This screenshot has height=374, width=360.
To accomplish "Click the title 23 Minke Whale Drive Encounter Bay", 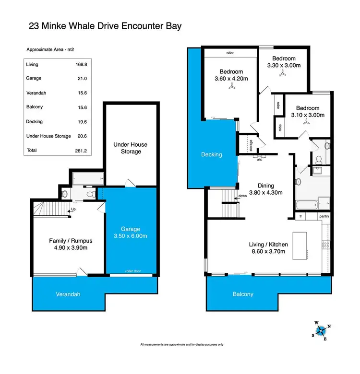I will coord(106,26).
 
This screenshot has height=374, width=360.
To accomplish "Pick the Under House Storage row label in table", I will coord(48,136).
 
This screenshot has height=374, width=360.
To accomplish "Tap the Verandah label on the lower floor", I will coord(53,293).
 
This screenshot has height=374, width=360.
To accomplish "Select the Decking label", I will coord(212,154).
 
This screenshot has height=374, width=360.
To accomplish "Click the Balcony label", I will coord(243,294).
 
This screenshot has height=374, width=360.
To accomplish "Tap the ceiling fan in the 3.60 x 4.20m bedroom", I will coord(232,86).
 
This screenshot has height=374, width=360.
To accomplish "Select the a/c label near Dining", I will coord(259,159).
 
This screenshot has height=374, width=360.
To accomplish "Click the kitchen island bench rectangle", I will coord(301,245).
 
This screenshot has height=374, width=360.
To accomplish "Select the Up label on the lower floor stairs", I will coord(73,209).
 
